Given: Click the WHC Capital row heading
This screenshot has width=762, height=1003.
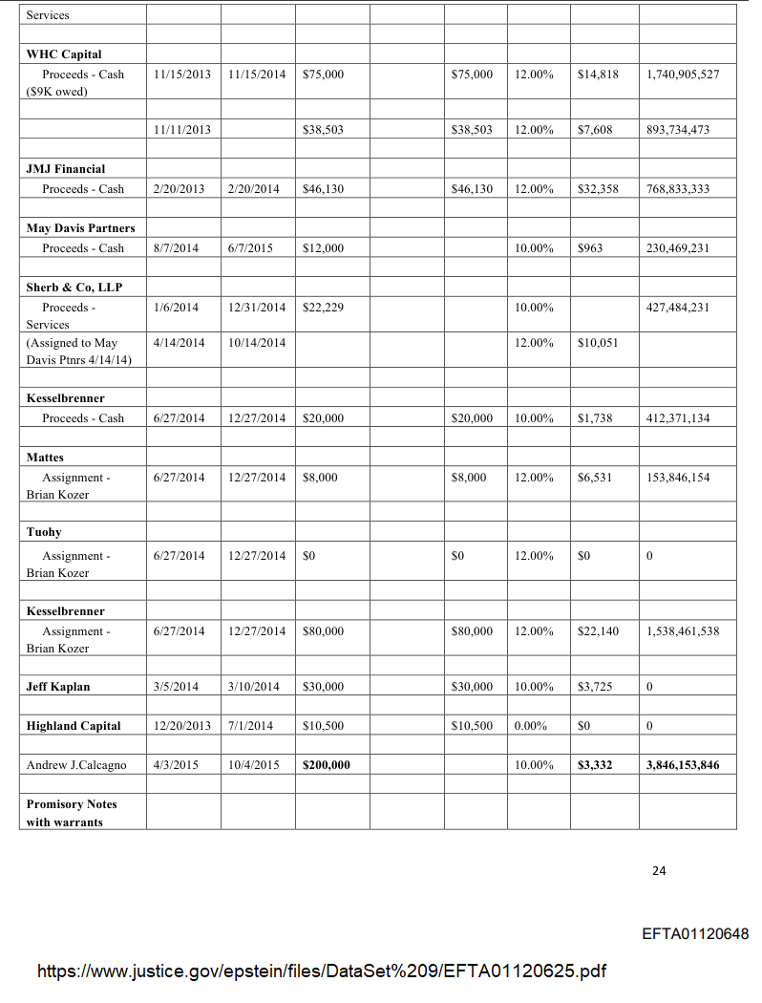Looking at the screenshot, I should pos(64,54).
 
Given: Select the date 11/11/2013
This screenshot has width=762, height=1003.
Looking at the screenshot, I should pos(181,130).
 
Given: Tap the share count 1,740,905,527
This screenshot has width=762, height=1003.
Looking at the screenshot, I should pos(683,75).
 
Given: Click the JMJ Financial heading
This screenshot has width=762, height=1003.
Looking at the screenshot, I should pos(66,169).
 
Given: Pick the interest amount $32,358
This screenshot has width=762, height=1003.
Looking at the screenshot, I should pos(598,189).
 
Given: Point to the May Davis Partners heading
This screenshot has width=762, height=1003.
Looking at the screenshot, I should pos(81,228).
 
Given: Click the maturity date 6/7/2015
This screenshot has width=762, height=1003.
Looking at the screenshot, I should pos(251,248).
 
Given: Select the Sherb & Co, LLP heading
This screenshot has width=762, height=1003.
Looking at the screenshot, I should pos(74,288).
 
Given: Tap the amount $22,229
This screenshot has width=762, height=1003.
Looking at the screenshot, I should pos(323,308).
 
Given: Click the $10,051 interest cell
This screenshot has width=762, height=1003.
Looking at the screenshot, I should pos(598,343).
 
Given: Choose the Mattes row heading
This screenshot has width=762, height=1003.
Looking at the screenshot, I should pos(45,458).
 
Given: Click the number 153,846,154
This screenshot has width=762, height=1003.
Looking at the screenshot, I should pos(678,478).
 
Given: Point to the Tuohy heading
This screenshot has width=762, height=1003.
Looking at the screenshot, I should pos(44,532).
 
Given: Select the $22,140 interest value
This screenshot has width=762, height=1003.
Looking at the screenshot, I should pos(598,631).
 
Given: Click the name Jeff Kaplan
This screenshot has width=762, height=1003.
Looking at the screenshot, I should pos(58,687).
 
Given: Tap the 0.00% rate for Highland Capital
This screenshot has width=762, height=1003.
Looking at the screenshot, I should pos(530,726).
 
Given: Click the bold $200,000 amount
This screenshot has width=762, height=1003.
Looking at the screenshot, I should pos(326,765).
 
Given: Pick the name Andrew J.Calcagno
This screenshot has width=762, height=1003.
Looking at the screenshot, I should pos(76,765).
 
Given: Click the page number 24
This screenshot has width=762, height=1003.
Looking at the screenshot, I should pos(659,870).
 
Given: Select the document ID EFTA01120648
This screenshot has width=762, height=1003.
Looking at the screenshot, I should pos(695,933).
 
